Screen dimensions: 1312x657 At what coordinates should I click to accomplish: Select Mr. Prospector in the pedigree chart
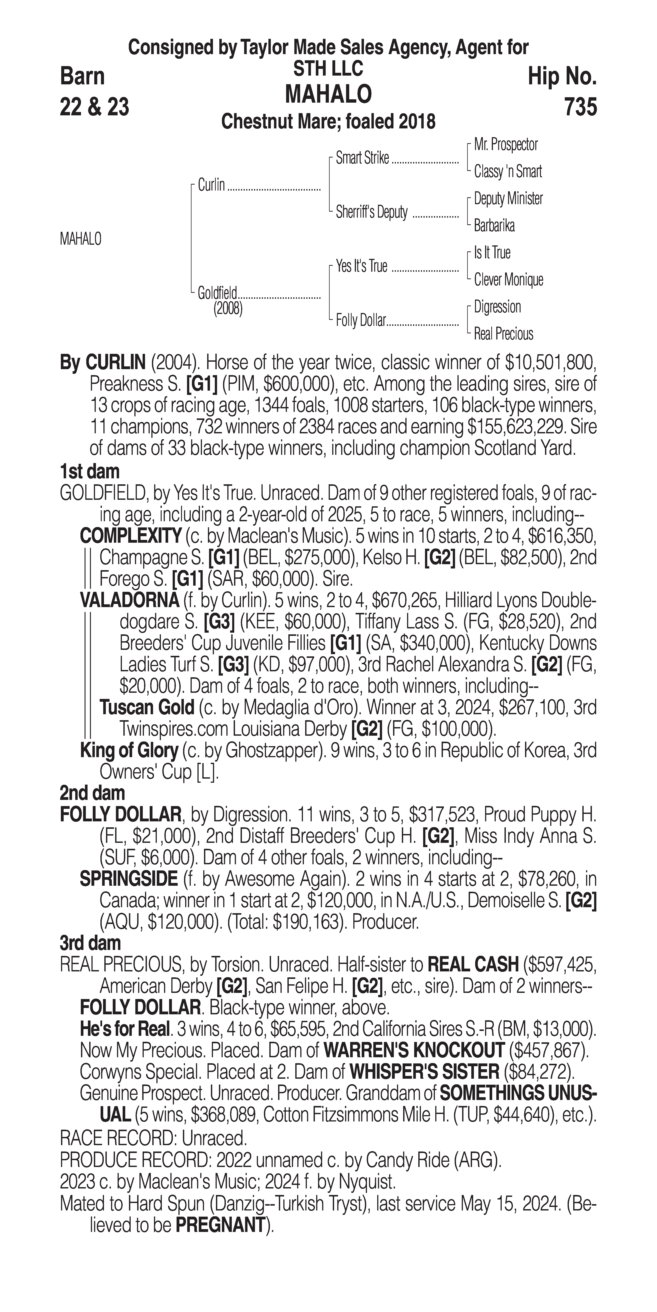(x=506, y=145)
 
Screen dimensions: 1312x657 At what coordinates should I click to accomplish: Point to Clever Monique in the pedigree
(x=508, y=280)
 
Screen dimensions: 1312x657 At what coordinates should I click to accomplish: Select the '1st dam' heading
(x=90, y=472)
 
